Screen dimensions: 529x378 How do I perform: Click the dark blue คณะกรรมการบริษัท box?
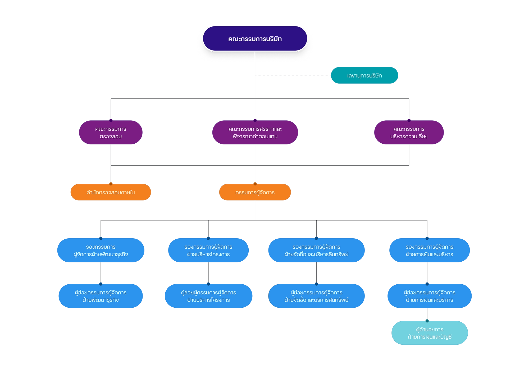tap(255, 39)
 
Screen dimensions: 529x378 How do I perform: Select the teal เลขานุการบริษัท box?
tap(364, 75)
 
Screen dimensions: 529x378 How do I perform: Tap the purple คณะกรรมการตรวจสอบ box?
tap(111, 133)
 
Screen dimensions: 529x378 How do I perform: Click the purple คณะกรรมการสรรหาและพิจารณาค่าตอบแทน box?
tap(255, 133)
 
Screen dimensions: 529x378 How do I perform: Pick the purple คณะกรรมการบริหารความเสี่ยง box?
tap(409, 133)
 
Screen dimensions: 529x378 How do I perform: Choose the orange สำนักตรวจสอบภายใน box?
tap(111, 192)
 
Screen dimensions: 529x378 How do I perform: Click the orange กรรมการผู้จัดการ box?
tap(255, 192)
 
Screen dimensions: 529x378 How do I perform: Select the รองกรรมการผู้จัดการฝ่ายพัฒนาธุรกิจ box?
tap(101, 250)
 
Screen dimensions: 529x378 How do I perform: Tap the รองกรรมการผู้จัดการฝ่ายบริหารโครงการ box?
tap(208, 250)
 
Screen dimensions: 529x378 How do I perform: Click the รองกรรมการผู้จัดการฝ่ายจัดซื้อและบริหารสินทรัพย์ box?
tap(316, 250)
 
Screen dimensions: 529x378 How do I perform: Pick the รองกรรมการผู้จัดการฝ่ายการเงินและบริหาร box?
tap(430, 250)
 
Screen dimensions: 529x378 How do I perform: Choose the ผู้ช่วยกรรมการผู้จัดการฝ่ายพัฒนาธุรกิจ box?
tap(101, 296)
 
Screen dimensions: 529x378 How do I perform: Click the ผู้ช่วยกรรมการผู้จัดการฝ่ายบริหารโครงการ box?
tap(208, 296)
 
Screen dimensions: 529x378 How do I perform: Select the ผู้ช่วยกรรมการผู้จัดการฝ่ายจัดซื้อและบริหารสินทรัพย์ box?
tap(316, 296)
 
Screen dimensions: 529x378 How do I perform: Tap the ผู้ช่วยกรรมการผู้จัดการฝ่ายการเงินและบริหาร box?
tap(430, 296)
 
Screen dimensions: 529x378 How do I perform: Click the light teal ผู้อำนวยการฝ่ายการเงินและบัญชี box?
tap(430, 333)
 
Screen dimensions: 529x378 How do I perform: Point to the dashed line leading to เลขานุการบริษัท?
tap(293, 75)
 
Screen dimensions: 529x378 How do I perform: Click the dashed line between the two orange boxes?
tap(185, 192)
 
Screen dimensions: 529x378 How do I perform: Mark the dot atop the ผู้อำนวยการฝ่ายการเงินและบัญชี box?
tap(427, 321)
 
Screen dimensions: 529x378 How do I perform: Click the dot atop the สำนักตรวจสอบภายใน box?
tap(111, 184)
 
